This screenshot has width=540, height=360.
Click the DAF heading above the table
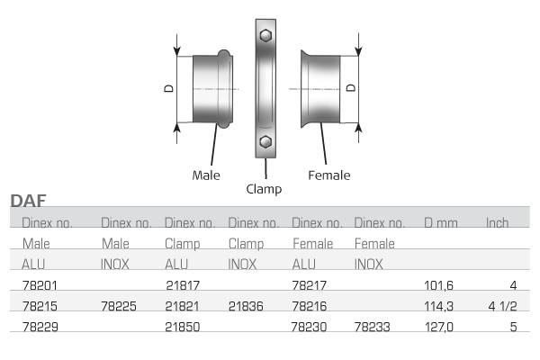pyautogui.click(x=28, y=200)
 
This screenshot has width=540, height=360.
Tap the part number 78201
pyautogui.click(x=40, y=285)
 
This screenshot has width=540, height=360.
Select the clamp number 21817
pyautogui.click(x=183, y=285)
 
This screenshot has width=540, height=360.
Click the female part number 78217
pyautogui.click(x=309, y=285)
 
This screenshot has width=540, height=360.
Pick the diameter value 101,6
pyautogui.click(x=439, y=285)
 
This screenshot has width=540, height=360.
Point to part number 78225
pyautogui.click(x=119, y=306)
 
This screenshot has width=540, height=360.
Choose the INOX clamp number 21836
pyautogui.click(x=246, y=306)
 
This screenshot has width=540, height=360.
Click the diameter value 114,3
pyautogui.click(x=439, y=306)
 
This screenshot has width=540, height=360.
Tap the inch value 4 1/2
pyautogui.click(x=502, y=306)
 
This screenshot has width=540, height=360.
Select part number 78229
pyautogui.click(x=40, y=327)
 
